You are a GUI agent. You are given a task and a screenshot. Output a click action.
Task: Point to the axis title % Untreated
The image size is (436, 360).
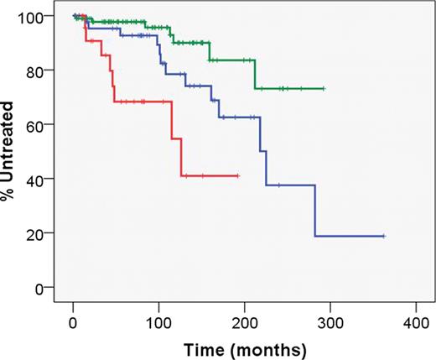(13, 152)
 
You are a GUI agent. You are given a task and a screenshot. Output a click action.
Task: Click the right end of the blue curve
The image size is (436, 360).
(384, 237)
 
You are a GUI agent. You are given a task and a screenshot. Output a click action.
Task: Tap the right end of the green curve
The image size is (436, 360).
(324, 88)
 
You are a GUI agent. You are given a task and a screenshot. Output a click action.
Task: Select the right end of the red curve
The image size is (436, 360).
(238, 175)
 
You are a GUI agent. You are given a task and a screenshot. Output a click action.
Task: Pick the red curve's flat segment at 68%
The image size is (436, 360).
(143, 102)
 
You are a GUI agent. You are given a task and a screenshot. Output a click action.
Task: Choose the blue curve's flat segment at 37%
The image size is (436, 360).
(290, 185)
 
